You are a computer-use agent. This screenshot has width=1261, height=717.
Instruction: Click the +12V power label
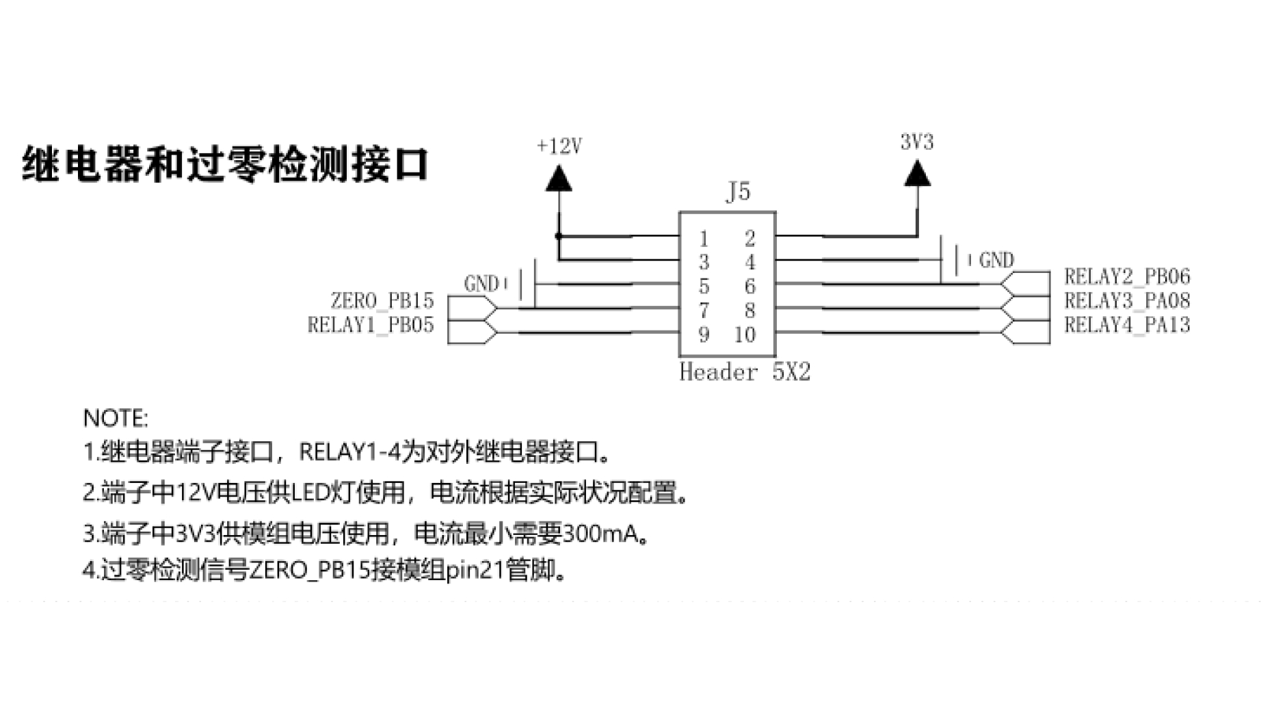pyautogui.click(x=559, y=146)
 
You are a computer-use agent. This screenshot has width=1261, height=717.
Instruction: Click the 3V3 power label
pyautogui.click(x=916, y=142)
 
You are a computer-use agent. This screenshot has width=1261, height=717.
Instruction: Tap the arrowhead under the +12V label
pyautogui.click(x=559, y=179)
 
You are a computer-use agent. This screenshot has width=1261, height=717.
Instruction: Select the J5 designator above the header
pyautogui.click(x=737, y=192)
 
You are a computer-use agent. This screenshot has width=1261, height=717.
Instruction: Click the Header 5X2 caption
pyautogui.click(x=745, y=372)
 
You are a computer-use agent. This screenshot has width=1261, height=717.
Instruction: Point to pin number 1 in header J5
pyautogui.click(x=704, y=239)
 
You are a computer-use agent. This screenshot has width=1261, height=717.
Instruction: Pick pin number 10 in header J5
pyautogui.click(x=745, y=335)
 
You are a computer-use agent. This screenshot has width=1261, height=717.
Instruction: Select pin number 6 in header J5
pyautogui.click(x=750, y=286)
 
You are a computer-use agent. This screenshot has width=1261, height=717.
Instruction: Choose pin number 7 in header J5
pyautogui.click(x=704, y=311)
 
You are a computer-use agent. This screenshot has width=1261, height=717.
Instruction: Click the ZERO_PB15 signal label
pyautogui.click(x=382, y=300)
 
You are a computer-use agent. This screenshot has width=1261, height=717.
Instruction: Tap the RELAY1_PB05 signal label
pyautogui.click(x=371, y=324)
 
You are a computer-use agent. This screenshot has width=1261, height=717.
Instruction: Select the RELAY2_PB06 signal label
pyautogui.click(x=1127, y=276)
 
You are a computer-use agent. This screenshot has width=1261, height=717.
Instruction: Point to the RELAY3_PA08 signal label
pyautogui.click(x=1127, y=300)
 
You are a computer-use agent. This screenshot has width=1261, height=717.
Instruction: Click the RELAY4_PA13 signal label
pyautogui.click(x=1127, y=324)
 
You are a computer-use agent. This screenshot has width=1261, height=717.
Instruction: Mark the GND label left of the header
pyautogui.click(x=481, y=283)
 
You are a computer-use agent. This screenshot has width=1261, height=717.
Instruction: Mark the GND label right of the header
pyautogui.click(x=996, y=260)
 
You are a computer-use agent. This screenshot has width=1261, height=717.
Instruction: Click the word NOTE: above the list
pyautogui.click(x=116, y=418)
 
